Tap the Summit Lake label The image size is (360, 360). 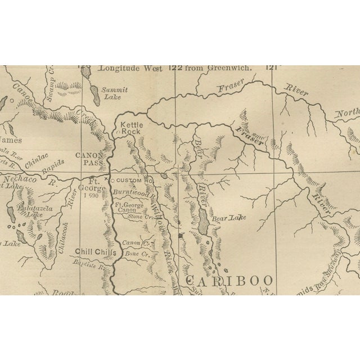pos(115,93)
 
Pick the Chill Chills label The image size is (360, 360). pos(93,252)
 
